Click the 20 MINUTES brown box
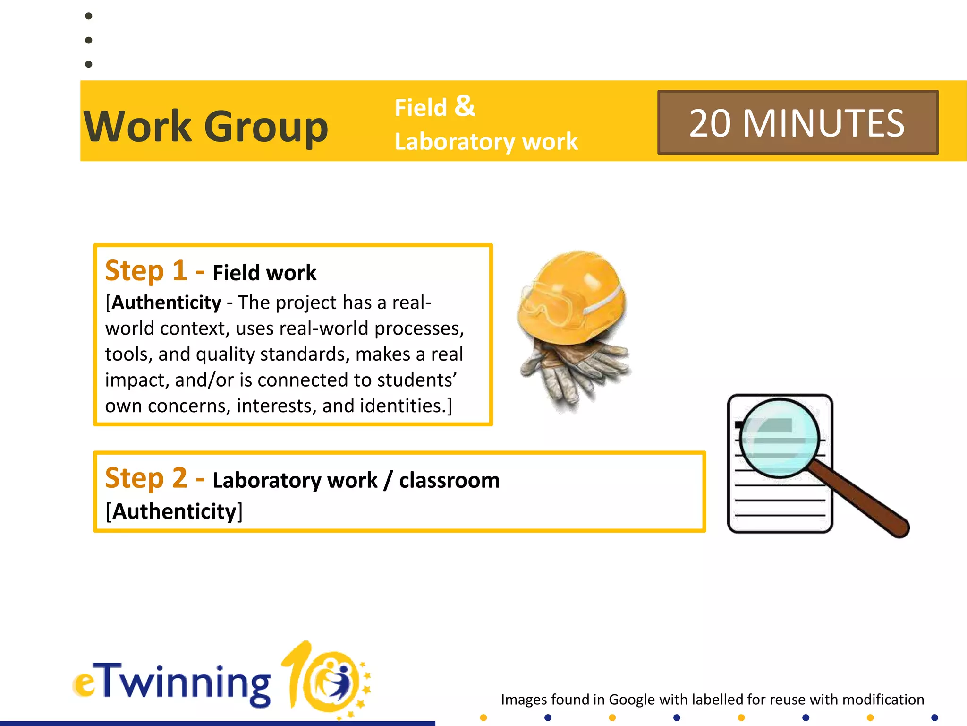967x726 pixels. click(797, 122)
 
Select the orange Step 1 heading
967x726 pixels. click(146, 271)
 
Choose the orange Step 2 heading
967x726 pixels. click(146, 478)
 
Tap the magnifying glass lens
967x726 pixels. click(779, 438)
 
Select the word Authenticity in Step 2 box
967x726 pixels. click(174, 511)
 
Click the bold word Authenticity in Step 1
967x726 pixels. click(167, 302)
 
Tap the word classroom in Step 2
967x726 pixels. click(449, 480)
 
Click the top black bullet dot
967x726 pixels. click(88, 16)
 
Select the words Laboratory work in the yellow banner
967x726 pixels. click(486, 141)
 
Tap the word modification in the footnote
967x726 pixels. click(882, 699)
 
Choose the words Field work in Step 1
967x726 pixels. click(264, 273)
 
